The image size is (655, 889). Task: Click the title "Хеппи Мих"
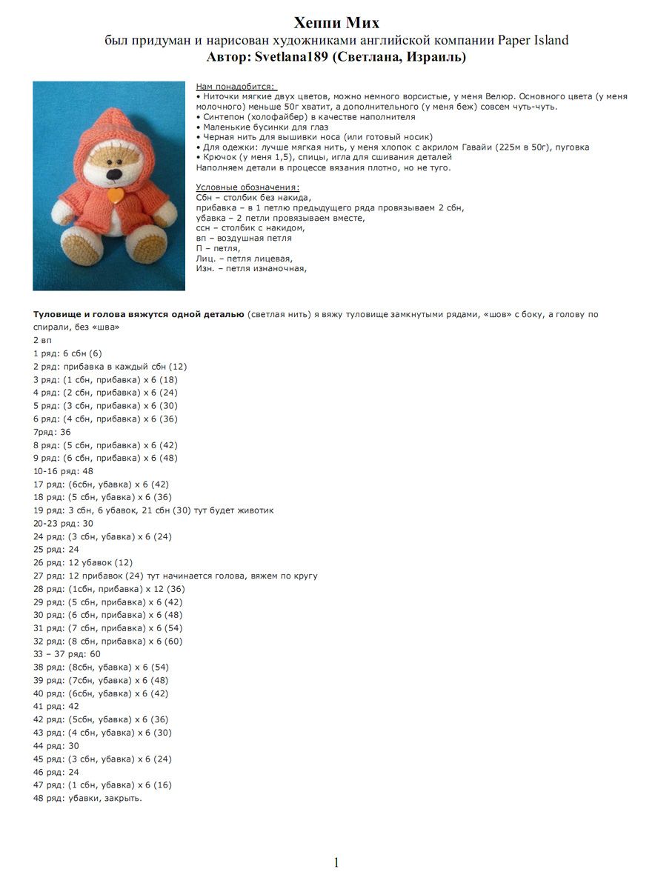click(336, 22)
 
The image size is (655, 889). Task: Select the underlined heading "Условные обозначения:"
click(247, 187)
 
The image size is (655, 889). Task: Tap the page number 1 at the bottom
click(336, 862)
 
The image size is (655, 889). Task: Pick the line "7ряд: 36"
click(52, 432)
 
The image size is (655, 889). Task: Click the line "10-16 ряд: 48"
click(63, 471)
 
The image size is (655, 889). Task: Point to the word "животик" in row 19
click(256, 510)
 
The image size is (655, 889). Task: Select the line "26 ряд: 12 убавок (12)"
click(83, 562)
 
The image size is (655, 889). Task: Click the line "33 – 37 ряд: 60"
click(67, 654)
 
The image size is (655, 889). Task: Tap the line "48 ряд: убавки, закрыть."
click(87, 798)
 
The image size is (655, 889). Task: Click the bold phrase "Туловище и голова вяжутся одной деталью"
click(139, 314)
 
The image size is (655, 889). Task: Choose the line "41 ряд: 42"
click(56, 706)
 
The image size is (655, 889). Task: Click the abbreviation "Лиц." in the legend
click(207, 259)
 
